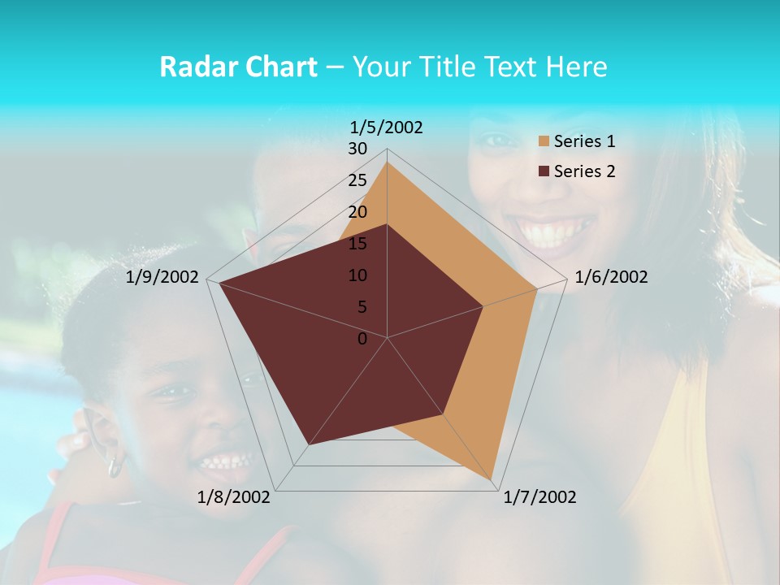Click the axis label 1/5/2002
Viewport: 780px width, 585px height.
386,128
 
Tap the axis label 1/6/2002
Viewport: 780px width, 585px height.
611,277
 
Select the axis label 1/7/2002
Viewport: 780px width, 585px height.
539,497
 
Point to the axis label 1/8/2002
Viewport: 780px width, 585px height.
234,497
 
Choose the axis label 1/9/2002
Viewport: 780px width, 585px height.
162,277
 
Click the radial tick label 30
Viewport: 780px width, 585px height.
357,149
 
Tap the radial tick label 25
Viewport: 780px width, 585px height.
357,180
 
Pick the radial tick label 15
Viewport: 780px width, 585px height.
357,244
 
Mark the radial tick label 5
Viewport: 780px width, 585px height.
362,307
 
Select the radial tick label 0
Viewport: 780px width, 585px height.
362,339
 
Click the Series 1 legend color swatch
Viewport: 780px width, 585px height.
544,142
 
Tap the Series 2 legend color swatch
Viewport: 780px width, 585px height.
544,171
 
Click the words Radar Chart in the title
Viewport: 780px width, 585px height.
238,67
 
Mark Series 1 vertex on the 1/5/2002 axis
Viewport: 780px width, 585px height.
387,162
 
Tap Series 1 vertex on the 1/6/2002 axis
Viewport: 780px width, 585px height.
536,288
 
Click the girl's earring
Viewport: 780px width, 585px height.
115,466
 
